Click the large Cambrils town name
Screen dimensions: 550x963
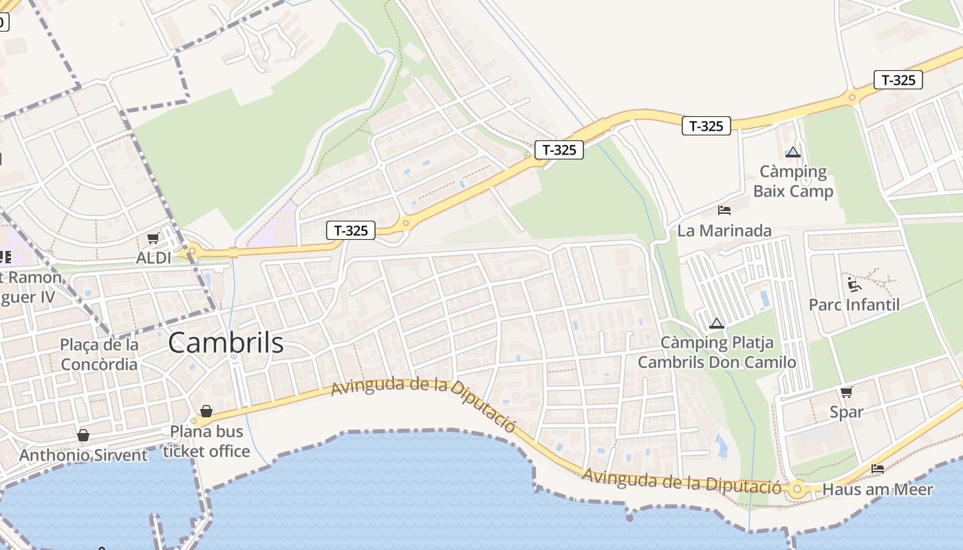[226, 342]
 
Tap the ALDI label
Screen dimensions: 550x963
[153, 258]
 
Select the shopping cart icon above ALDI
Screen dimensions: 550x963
[153, 239]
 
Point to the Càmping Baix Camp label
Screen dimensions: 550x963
[793, 181]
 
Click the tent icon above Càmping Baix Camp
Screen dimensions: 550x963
[793, 152]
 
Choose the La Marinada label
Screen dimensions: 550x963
[724, 230]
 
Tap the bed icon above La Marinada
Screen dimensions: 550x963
[724, 210]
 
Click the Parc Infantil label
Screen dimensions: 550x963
[854, 305]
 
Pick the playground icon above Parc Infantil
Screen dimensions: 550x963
[854, 284]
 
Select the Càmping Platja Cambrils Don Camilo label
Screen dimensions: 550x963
[717, 352]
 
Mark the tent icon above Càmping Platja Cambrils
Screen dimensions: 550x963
[717, 323]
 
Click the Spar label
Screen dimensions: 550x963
[846, 412]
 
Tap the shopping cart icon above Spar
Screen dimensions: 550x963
[846, 392]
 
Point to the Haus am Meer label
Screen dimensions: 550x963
[878, 489]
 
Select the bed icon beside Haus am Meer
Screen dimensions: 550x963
[878, 469]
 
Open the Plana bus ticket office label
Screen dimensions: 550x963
[206, 441]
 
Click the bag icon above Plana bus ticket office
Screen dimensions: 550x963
[206, 411]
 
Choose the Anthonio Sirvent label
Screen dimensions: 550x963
[83, 455]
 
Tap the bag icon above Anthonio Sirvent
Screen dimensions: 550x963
[83, 435]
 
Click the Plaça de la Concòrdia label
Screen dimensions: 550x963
[99, 354]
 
